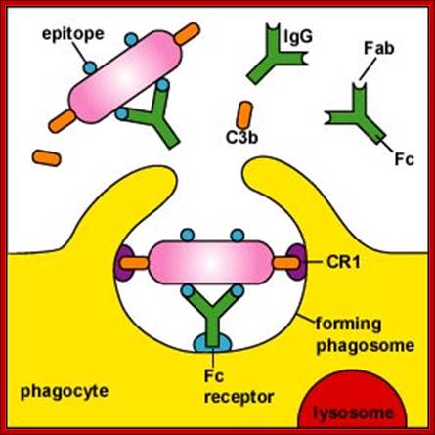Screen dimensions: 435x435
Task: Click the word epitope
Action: tap(73, 34)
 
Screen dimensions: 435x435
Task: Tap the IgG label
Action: tap(298, 37)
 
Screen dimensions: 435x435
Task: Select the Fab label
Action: tap(379, 48)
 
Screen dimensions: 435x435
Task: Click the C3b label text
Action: tap(242, 138)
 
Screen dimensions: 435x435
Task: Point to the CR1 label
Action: tap(343, 262)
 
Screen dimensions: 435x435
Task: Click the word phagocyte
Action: tap(65, 391)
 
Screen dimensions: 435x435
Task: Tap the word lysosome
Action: tap(354, 413)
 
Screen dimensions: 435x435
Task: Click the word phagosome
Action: tap(366, 346)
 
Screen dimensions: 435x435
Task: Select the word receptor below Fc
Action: tap(239, 398)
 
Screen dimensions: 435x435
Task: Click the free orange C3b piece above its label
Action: tap(244, 114)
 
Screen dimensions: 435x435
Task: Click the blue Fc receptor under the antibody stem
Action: tap(213, 342)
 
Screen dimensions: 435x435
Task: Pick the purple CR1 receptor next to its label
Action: tap(296, 262)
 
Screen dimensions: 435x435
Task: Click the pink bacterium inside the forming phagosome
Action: tap(211, 264)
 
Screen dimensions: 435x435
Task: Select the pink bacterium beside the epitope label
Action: tap(125, 76)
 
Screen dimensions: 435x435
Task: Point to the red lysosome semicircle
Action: tap(354, 404)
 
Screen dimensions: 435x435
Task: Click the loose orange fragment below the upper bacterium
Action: tap(47, 157)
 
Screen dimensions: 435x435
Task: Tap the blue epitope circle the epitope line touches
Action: tap(90, 67)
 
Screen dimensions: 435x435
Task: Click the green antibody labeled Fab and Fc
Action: tap(356, 113)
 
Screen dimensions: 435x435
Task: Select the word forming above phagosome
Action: tap(348, 325)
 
